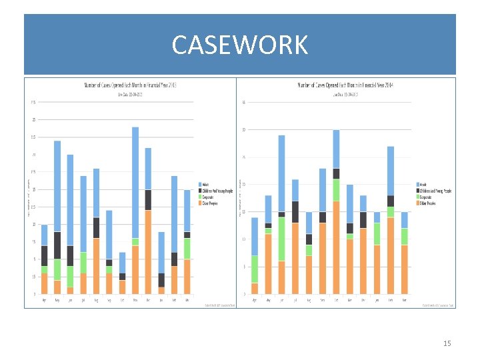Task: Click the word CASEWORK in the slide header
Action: [239, 45]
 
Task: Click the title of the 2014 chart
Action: [346, 85]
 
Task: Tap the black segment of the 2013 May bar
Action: [57, 245]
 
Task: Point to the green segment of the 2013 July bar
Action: [83, 263]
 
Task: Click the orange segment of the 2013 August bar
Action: [97, 266]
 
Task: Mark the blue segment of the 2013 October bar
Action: [122, 263]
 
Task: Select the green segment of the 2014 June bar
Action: [282, 239]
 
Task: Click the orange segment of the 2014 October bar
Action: [336, 247]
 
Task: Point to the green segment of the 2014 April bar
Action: [255, 269]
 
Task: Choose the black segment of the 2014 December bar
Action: [363, 220]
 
